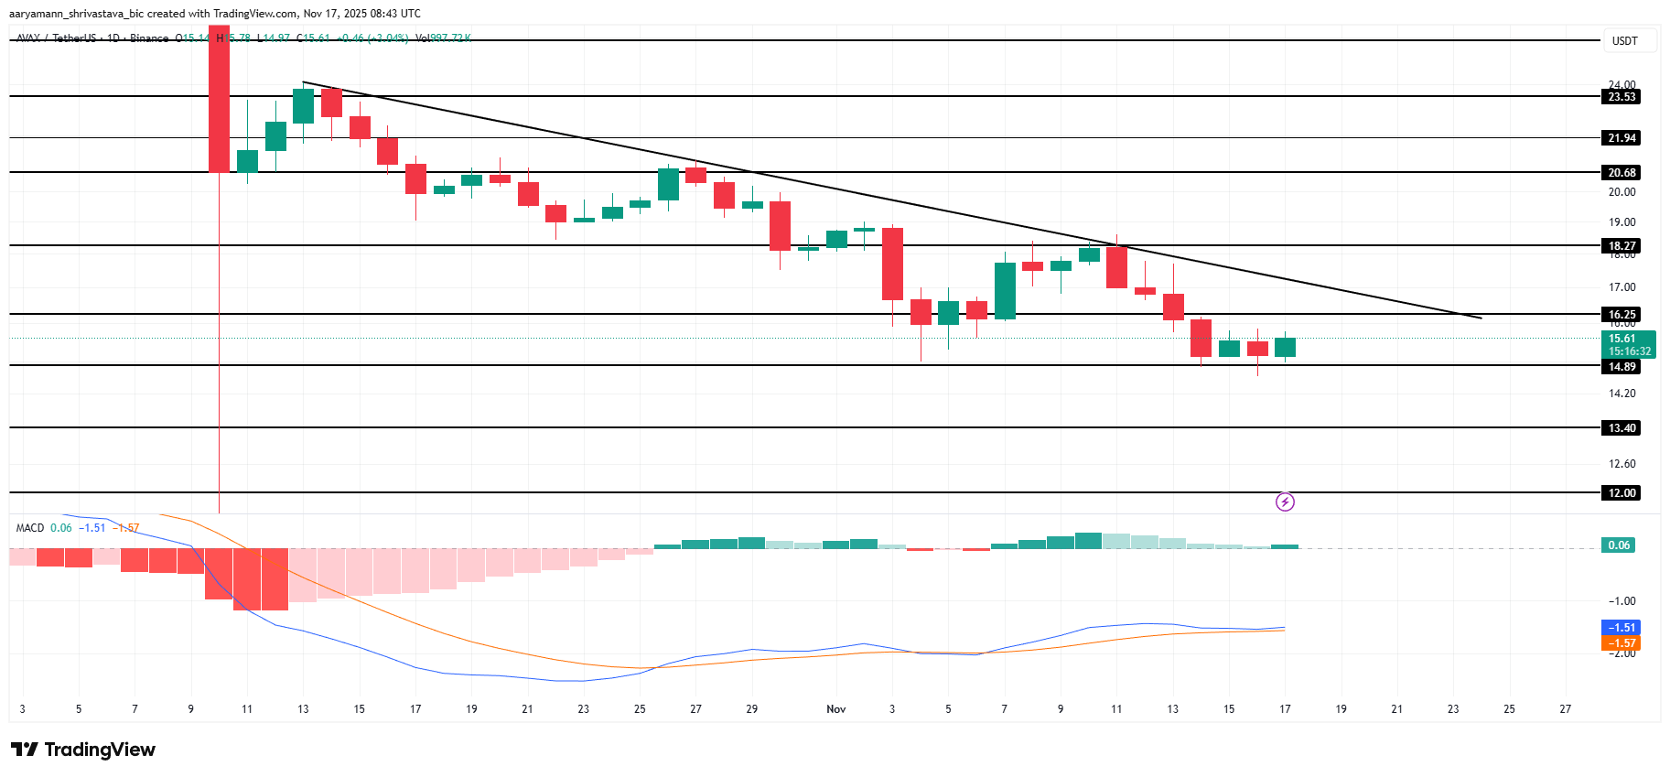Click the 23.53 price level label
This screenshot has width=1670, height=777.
(1622, 97)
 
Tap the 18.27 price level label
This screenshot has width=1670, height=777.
(1622, 246)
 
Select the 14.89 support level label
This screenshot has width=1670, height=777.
(1622, 367)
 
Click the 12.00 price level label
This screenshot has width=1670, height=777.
(1622, 493)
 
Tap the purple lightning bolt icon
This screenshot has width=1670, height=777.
(1285, 502)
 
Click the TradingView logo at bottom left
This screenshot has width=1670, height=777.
(83, 750)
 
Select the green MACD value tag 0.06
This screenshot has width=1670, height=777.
(1619, 545)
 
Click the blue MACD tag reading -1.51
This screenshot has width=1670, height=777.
(1621, 628)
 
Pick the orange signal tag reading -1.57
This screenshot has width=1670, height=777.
(1621, 643)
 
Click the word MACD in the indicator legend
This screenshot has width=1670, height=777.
(30, 528)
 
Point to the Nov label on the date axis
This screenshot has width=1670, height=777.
(835, 709)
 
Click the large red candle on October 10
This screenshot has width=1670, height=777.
(219, 101)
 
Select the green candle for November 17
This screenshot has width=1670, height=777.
(1285, 347)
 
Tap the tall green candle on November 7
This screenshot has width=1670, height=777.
(1005, 291)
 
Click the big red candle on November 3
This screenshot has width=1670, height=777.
(892, 264)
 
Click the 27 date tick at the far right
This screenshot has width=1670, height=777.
(1565, 709)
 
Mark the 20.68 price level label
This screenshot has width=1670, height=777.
(1622, 173)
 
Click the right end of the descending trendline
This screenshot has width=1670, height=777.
(1480, 318)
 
